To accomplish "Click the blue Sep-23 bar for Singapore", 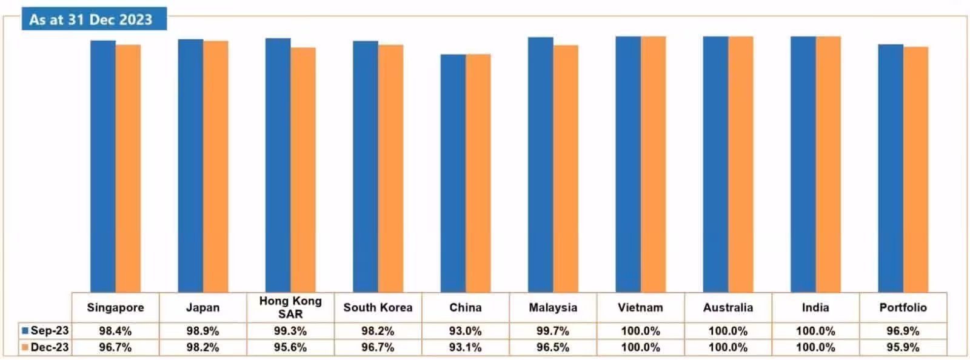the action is [103, 166].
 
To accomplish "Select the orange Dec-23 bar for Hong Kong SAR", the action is [303, 170].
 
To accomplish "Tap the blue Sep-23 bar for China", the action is [453, 173].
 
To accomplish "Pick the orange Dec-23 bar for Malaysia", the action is [566, 168].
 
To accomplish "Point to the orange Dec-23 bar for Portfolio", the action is [915, 170].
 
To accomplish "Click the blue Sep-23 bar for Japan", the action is [190, 165].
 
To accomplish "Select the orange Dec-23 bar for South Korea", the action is [390, 168].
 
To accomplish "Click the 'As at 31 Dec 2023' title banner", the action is [95, 19].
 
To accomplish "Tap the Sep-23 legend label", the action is [49, 330].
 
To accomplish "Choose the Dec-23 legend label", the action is [49, 347].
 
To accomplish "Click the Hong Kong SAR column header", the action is [290, 307].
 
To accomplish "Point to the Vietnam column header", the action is [640, 308].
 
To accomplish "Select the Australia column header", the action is [728, 308].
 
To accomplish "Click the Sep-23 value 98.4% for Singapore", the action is [115, 331].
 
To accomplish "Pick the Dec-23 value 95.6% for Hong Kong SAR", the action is [290, 347].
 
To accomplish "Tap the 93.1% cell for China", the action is [466, 347].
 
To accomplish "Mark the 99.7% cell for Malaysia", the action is [553, 331].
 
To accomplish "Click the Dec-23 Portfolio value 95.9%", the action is [903, 347].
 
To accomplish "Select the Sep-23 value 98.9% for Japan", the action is [202, 331].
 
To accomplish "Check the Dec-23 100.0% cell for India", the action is [815, 347].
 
